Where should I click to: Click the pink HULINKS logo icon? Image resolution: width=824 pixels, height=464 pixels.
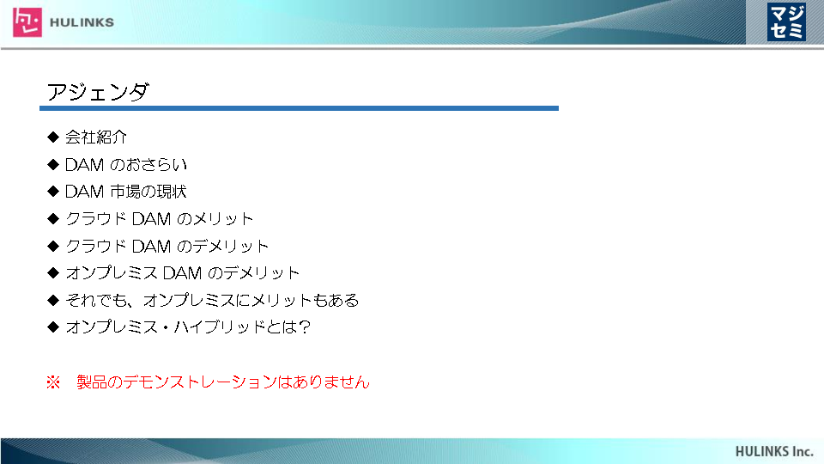27,22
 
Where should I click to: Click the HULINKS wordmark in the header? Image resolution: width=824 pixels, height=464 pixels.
82,22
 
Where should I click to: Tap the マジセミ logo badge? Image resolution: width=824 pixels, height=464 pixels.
786,21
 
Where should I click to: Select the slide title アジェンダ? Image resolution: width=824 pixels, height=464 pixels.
98,92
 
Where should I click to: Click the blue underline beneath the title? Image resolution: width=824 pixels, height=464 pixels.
299,108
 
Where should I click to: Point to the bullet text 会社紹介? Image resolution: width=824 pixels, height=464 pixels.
96,137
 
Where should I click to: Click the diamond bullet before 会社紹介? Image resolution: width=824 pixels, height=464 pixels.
53,137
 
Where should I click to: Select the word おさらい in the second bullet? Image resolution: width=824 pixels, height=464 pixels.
155,165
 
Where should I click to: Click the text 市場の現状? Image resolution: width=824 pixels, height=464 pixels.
148,192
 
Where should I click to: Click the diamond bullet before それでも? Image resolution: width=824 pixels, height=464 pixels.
53,301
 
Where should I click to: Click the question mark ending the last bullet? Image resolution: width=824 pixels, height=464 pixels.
304,327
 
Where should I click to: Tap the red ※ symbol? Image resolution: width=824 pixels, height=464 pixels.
53,382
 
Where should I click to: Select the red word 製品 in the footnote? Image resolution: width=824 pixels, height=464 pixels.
92,382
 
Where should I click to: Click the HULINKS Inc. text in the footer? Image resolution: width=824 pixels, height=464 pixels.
774,451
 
